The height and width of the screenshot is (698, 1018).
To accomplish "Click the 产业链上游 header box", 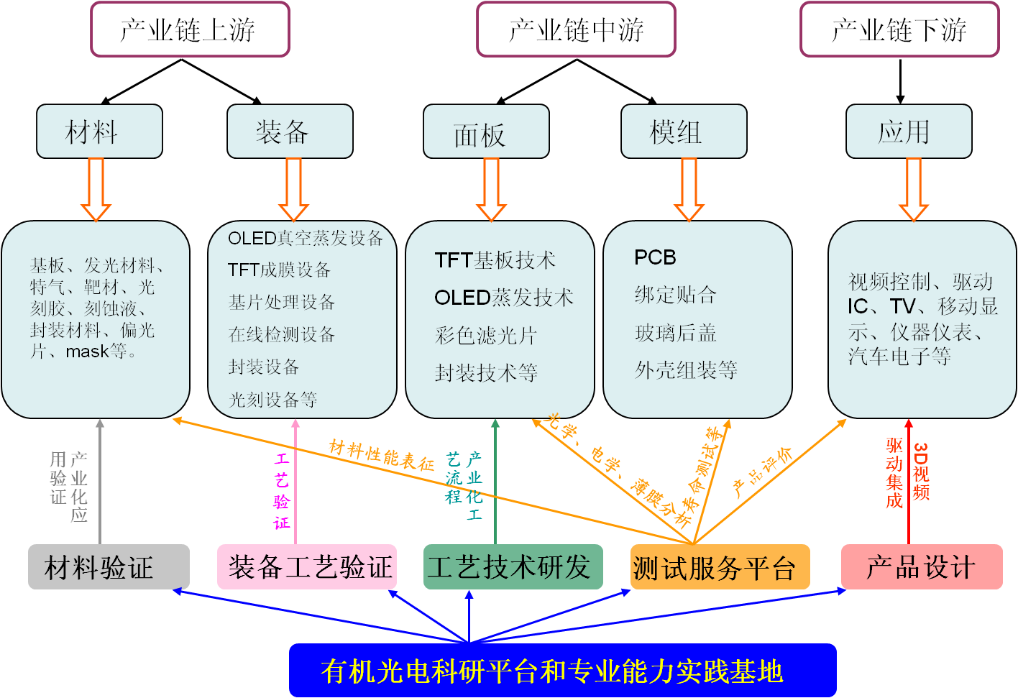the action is [190, 29].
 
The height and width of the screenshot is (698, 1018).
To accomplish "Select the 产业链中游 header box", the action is [577, 29].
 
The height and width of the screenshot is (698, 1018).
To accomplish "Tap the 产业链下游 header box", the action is [899, 29].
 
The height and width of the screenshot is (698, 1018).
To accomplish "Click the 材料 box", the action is [99, 132].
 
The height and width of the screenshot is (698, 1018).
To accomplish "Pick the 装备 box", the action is [290, 132].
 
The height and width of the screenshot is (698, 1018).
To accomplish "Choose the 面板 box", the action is [486, 132].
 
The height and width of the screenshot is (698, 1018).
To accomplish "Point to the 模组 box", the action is [684, 132].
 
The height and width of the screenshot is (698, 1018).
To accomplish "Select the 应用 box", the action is [909, 132].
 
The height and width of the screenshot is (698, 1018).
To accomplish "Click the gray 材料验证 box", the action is [109, 566].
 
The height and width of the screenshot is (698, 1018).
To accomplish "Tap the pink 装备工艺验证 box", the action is [307, 566].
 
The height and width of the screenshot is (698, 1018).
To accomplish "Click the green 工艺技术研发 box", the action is [513, 566].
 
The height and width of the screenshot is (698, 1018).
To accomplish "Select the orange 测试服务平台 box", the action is [720, 566].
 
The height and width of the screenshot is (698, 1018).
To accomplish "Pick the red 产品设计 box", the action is [922, 566].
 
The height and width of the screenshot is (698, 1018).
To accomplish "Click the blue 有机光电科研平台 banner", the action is [563, 670].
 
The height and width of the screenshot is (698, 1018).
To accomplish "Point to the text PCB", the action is [655, 257].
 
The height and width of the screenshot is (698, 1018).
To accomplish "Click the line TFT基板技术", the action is [495, 260].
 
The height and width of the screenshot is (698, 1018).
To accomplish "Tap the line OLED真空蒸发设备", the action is [306, 238].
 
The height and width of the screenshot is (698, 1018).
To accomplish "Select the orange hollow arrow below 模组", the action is [689, 190].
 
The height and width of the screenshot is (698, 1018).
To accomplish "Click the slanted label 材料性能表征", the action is [382, 455].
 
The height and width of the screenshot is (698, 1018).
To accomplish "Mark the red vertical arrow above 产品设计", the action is [909, 481].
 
